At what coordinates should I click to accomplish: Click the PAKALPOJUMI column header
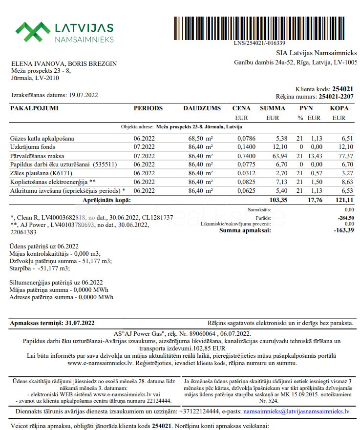pos(34,108)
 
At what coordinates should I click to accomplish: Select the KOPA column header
pos(339,108)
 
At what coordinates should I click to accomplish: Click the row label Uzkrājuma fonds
pos(33,147)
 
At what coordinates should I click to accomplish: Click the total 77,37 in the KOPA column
pos(339,156)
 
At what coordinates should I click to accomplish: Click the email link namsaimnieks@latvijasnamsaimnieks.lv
pos(296,411)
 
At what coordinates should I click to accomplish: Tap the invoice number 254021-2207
pos(336,97)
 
